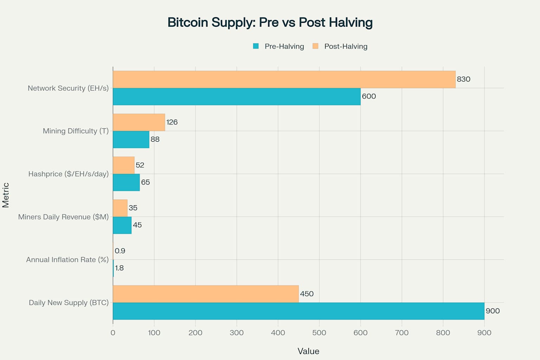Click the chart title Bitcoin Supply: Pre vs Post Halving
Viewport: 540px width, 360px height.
270,22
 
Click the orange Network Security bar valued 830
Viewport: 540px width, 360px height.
284,79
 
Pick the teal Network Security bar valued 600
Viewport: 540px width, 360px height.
237,97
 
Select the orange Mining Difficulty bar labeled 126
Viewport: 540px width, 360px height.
139,122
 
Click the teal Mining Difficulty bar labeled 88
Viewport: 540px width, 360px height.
131,140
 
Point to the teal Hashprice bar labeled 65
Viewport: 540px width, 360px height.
126,182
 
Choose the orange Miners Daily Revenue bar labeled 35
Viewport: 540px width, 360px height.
120,208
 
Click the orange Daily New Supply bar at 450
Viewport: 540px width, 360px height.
206,294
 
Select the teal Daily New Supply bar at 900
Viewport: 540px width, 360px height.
298,311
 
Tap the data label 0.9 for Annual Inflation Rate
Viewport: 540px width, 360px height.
120,251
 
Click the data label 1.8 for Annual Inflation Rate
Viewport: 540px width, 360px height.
119,268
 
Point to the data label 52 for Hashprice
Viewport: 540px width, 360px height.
140,165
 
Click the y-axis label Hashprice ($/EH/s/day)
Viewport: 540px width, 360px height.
69,174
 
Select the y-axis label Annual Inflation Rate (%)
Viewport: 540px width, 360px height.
67,260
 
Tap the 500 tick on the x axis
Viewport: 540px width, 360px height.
319,333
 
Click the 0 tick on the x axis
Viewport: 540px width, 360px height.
113,333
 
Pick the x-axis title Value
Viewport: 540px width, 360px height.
308,351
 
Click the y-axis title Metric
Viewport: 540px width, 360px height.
6,195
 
